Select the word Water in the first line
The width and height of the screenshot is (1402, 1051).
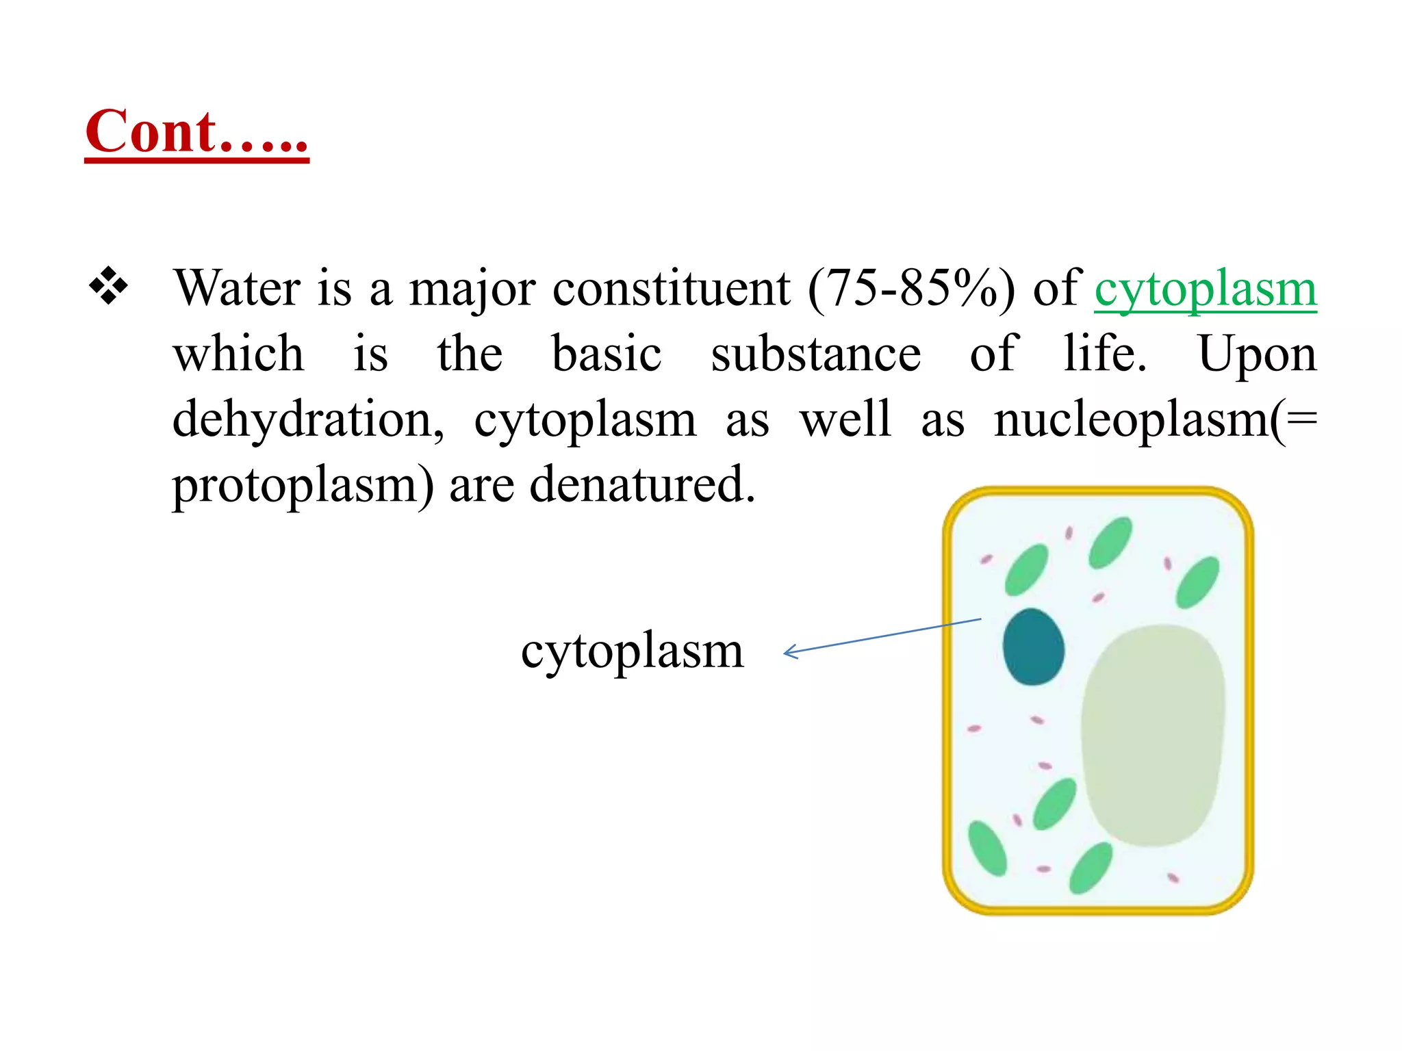pyautogui.click(x=237, y=288)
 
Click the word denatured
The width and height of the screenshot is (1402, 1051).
pyautogui.click(x=642, y=484)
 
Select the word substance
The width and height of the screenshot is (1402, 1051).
pyautogui.click(x=815, y=354)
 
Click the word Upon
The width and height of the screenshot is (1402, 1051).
pyautogui.click(x=1257, y=354)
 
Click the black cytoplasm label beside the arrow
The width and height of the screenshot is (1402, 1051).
pyautogui.click(x=632, y=651)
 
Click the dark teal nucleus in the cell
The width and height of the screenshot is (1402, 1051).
pyautogui.click(x=1033, y=647)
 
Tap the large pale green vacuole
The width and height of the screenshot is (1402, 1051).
pyautogui.click(x=1152, y=735)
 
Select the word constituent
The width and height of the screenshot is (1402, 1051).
pyautogui.click(x=671, y=288)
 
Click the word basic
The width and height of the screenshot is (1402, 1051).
pyautogui.click(x=607, y=354)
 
